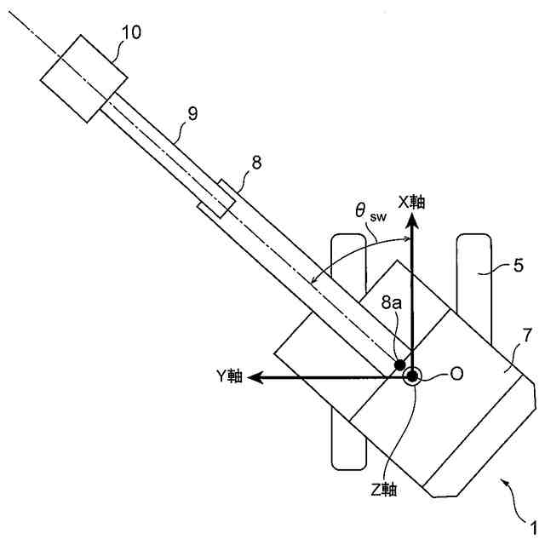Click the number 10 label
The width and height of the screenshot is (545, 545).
point(131,32)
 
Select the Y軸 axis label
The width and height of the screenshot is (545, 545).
point(230,376)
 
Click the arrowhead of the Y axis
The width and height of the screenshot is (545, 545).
point(255,376)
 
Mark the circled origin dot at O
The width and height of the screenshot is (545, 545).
point(411,376)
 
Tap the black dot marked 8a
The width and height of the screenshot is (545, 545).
point(400,364)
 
